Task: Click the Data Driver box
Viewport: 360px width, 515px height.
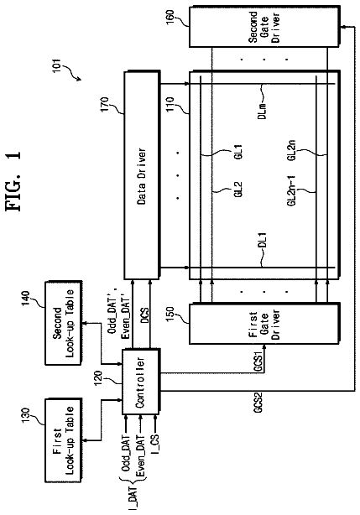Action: pos(142,175)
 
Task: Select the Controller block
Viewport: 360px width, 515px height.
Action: pos(141,382)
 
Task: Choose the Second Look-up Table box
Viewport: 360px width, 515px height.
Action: pos(64,323)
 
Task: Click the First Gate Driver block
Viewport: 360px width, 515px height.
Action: pos(263,324)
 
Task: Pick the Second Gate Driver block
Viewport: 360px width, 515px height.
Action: pos(263,26)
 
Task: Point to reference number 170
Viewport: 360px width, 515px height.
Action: pos(105,105)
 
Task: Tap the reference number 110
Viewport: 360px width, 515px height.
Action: pos(170,104)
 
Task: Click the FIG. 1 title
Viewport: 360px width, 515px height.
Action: pos(13,181)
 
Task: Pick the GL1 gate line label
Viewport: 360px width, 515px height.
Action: pos(238,152)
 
